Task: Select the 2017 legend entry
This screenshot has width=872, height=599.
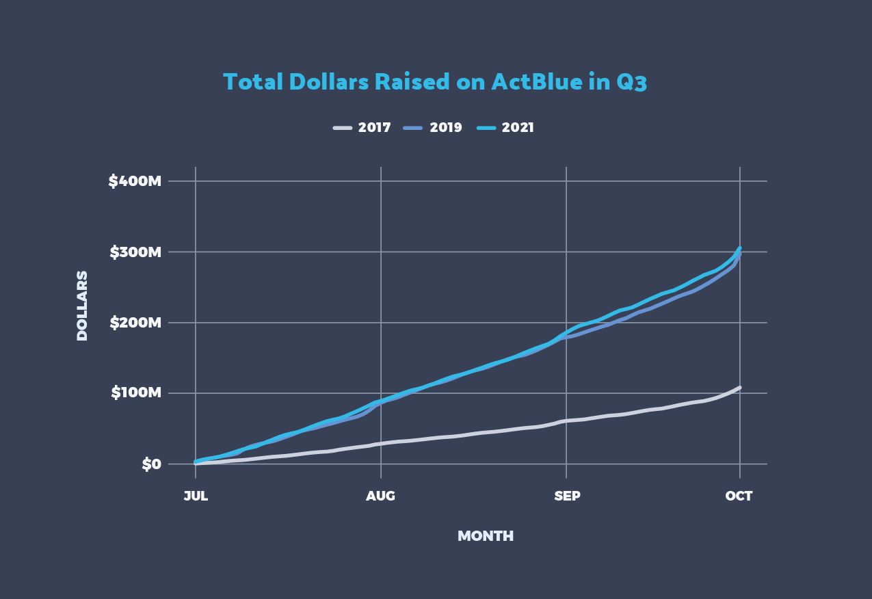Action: [374, 128]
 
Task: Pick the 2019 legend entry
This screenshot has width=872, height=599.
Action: [446, 128]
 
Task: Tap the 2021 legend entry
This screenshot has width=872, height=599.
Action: [517, 128]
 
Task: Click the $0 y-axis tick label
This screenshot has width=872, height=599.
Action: [151, 464]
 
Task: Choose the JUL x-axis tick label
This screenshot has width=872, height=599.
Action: [196, 496]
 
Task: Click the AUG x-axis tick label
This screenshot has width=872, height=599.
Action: [381, 496]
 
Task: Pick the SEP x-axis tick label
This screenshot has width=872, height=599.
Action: [567, 496]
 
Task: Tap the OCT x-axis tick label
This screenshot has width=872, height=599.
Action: [739, 496]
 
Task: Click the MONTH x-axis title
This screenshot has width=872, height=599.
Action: [486, 536]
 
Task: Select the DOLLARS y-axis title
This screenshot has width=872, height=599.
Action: [82, 306]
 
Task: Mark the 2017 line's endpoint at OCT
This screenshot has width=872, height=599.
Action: [740, 387]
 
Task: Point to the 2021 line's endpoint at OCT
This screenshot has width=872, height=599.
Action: [740, 248]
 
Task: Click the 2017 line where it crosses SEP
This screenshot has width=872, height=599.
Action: [567, 421]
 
